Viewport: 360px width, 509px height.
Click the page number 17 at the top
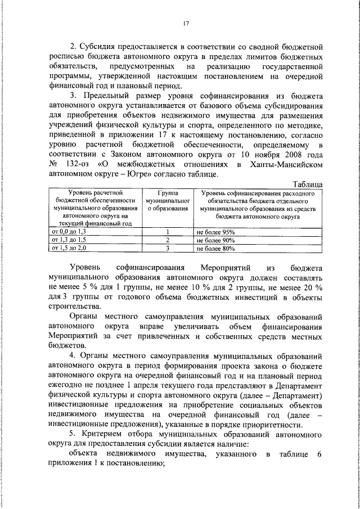point(185,24)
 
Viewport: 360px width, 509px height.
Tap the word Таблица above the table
point(308,184)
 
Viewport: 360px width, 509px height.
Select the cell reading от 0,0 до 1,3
point(69,232)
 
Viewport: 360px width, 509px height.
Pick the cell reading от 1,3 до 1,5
point(69,239)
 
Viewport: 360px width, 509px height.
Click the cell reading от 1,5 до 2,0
point(69,247)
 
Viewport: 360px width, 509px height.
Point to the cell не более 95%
point(215,232)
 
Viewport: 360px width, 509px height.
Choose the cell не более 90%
point(215,239)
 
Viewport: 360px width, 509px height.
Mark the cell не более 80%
point(215,247)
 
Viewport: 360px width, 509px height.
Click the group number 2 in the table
point(167,239)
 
